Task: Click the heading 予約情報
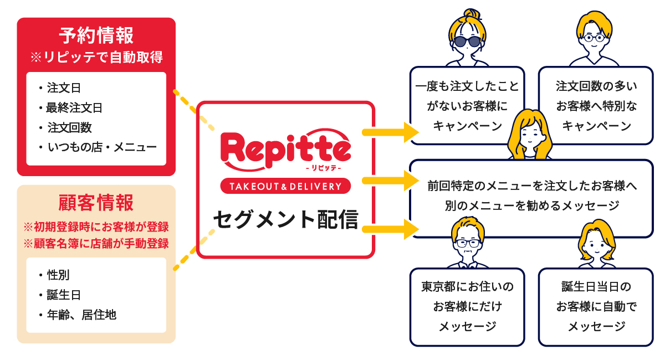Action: coord(96,36)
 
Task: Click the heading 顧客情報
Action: coord(96,203)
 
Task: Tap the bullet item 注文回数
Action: coord(69,127)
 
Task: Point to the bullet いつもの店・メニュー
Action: coord(102,147)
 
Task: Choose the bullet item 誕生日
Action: coord(64,295)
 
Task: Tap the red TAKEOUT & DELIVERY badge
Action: coord(285,186)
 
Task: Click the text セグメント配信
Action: coord(285,219)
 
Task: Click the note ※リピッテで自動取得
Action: coord(96,57)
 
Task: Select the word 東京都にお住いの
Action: coord(467,287)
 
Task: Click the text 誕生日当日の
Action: coord(596,287)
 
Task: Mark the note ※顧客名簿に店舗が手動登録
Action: coord(96,243)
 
